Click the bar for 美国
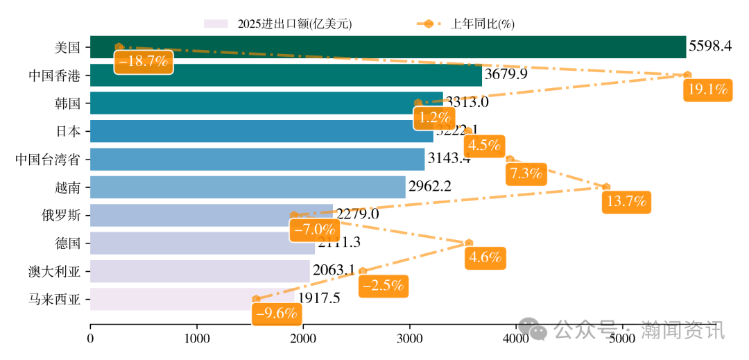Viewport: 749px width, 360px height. tap(388, 47)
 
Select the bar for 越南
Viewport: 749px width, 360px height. tap(248, 187)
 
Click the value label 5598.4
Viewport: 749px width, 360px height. tap(709, 46)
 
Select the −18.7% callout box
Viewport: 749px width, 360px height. tap(143, 61)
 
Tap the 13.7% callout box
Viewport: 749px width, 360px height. tap(627, 202)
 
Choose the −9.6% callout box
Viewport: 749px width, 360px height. tap(277, 314)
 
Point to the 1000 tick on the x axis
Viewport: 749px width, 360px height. tap(196, 338)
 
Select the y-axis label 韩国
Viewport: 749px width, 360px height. tap(68, 103)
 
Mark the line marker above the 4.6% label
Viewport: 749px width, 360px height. tap(469, 243)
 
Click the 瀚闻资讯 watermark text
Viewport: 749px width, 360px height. tap(682, 331)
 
